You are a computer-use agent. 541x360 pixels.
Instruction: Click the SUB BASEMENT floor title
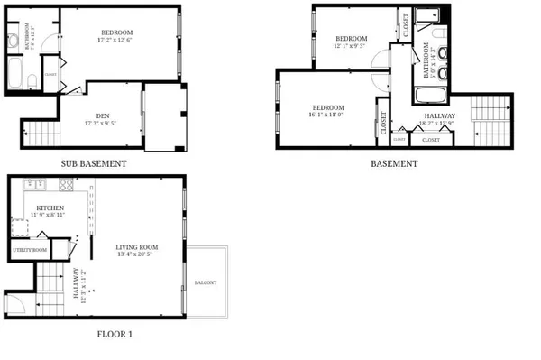(94, 164)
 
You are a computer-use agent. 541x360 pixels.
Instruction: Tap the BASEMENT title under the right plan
(394, 164)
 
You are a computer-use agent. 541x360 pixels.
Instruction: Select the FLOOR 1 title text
(115, 334)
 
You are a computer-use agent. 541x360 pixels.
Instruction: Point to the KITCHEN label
(50, 208)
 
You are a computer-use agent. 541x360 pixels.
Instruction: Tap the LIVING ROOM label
(137, 246)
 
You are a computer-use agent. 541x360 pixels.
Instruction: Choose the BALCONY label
(206, 282)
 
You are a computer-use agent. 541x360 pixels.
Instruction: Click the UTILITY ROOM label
(29, 249)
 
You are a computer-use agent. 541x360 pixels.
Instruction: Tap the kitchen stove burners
(66, 185)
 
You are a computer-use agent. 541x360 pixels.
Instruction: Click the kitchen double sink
(32, 185)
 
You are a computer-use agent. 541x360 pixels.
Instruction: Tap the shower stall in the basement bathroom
(428, 15)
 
